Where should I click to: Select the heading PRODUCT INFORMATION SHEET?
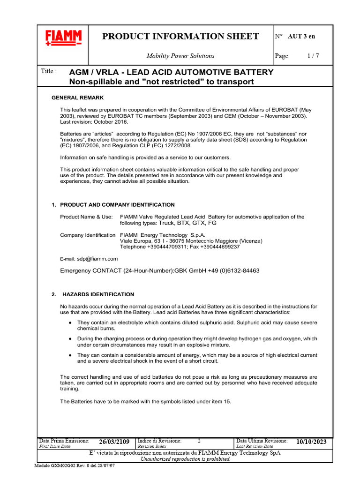tap(180, 37)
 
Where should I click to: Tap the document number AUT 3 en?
tap(302, 36)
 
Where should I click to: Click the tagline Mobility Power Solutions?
tap(180, 56)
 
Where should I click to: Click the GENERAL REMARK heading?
tap(77, 97)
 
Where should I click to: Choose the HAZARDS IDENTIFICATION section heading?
tap(98, 294)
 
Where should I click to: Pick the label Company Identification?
tap(88, 235)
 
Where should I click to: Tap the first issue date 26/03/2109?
tap(114, 442)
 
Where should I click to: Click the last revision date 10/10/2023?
tap(311, 442)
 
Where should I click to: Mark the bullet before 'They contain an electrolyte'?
tap(70, 323)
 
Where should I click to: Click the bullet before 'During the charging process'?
tap(70, 338)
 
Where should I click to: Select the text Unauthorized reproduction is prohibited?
tap(186, 459)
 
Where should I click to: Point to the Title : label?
tap(49, 71)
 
